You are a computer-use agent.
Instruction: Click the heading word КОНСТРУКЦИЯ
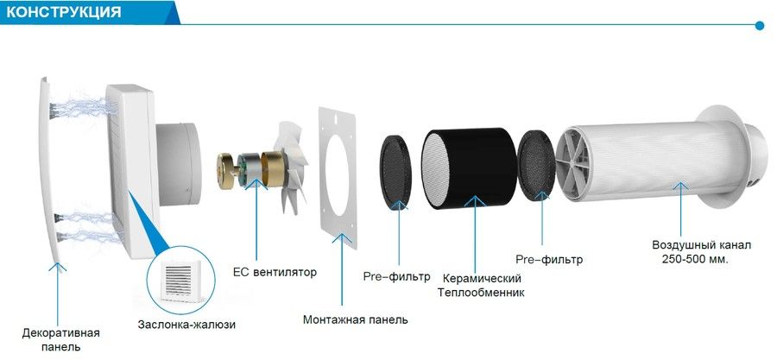click(63, 12)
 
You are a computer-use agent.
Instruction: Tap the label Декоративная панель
click(61, 339)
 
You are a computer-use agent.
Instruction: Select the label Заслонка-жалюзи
click(186, 325)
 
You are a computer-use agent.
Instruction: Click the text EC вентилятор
click(275, 272)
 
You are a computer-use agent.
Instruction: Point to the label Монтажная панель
click(356, 319)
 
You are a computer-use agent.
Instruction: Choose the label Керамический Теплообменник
click(480, 285)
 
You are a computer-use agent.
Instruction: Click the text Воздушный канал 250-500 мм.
click(694, 252)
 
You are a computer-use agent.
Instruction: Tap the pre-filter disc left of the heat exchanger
click(395, 170)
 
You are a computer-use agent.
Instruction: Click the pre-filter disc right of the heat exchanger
click(535, 165)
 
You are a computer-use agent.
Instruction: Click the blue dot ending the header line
click(760, 25)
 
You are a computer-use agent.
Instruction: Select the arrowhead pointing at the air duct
click(680, 186)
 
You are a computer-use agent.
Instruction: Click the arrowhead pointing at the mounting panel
click(342, 237)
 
